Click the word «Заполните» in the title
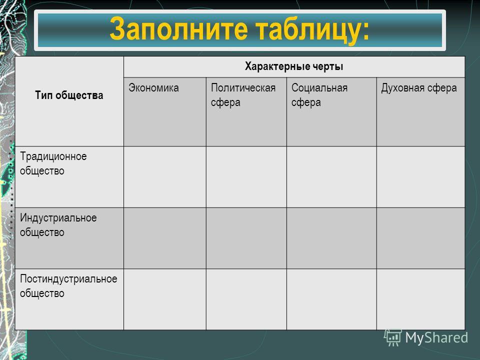click(x=179, y=28)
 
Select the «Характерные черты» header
click(x=294, y=66)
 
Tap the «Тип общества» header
click(x=69, y=95)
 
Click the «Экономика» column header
click(x=153, y=88)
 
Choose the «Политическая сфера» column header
click(x=243, y=95)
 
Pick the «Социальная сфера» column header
click(x=319, y=95)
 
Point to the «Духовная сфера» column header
click(x=419, y=88)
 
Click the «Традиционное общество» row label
click(x=53, y=163)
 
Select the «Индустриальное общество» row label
click(x=58, y=225)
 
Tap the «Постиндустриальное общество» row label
click(x=68, y=286)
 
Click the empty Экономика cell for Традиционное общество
click(x=165, y=177)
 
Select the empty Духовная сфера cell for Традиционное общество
click(x=421, y=177)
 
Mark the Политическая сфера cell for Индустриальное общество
click(x=246, y=238)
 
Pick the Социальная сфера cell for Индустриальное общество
click(x=331, y=238)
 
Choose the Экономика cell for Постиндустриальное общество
click(x=165, y=299)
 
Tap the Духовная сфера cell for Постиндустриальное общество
click(x=421, y=299)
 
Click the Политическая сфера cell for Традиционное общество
click(x=246, y=177)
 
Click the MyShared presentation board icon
click(x=393, y=337)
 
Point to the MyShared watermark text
click(x=436, y=338)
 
